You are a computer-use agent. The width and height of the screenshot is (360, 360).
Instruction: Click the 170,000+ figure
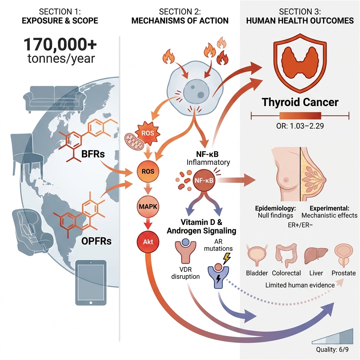(60, 44)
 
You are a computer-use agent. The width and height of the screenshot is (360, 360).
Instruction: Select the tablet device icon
(91, 283)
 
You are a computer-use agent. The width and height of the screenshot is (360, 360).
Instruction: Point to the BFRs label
(93, 154)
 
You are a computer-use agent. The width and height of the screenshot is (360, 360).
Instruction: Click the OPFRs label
(96, 241)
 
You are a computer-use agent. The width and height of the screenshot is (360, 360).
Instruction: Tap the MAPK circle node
(148, 206)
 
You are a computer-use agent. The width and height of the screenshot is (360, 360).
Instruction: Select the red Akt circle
(148, 242)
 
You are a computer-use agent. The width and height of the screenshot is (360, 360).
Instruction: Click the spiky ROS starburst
(148, 133)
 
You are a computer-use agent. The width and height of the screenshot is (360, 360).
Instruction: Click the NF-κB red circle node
(204, 180)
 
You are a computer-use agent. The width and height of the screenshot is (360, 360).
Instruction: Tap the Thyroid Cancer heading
(300, 102)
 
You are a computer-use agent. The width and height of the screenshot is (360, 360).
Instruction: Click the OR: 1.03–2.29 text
(300, 126)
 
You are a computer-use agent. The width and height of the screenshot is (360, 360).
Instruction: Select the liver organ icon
(316, 255)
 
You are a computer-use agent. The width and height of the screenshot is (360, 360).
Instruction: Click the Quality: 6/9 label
(332, 350)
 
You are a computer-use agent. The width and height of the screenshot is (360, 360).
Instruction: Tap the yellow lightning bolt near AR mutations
(227, 258)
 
